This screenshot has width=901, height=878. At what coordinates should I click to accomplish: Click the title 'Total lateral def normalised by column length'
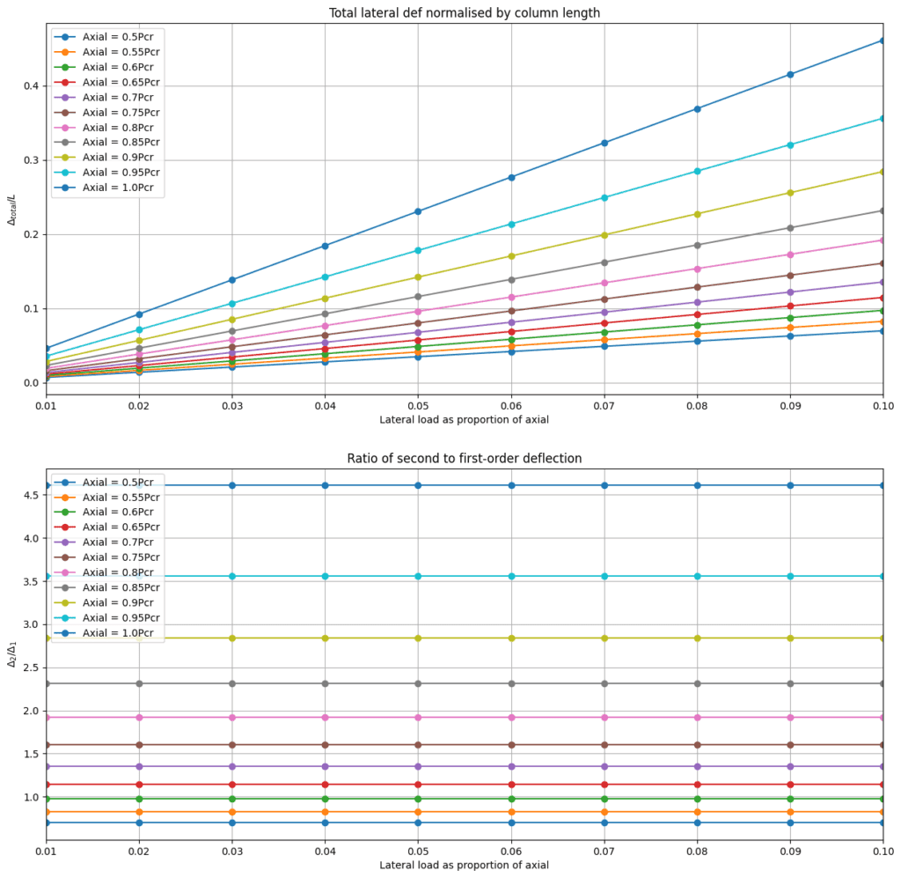[x=464, y=12]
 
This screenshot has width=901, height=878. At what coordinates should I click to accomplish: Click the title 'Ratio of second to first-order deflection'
[x=464, y=458]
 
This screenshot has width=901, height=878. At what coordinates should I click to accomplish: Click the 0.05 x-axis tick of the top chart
[x=418, y=403]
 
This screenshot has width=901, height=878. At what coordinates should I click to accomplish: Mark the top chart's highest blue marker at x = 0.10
[x=883, y=41]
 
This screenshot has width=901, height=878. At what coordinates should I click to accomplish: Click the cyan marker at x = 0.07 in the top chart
[x=604, y=197]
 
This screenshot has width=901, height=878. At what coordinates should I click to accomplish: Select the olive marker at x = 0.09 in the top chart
[x=790, y=193]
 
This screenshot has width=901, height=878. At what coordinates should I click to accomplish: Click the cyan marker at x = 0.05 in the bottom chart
[x=418, y=576]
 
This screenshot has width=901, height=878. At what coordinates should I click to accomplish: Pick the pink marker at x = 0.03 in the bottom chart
[x=231, y=718]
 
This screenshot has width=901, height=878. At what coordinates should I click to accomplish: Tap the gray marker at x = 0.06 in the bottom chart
[x=511, y=683]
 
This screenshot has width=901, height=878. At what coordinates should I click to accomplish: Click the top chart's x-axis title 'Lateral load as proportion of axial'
[x=464, y=419]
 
